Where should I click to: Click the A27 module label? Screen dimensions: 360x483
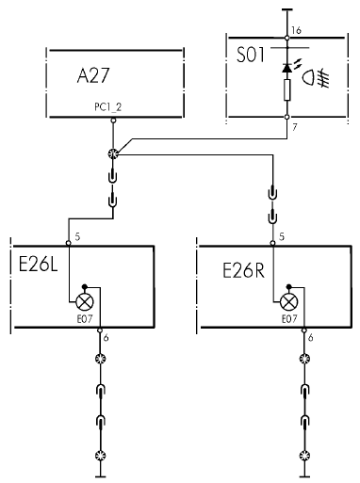point(93,75)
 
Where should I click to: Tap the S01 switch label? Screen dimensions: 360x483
point(251,55)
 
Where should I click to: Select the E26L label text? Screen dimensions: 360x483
point(38,265)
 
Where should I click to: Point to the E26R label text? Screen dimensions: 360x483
point(243,270)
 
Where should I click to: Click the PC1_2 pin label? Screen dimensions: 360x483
point(108,107)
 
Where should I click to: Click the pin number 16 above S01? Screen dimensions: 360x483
point(296,30)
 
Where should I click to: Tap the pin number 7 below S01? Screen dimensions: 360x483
point(295,127)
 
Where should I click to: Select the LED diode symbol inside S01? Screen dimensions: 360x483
point(287,68)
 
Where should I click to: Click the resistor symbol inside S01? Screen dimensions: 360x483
point(286,90)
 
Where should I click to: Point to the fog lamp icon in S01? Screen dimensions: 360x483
point(315,77)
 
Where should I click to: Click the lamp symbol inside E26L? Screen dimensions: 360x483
point(85,302)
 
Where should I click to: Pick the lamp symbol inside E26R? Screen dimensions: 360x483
point(289,302)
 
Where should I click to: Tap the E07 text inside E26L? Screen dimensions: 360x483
point(85,319)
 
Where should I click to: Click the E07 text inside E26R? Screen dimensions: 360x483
point(289,319)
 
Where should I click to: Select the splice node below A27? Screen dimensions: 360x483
point(113,153)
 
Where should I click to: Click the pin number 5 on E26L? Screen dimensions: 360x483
point(77,236)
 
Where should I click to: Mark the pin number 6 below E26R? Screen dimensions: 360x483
point(310,338)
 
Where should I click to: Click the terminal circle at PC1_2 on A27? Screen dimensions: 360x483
point(113,121)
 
